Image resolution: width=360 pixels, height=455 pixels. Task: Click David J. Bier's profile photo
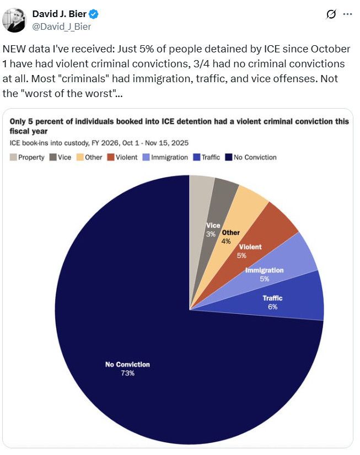(14, 20)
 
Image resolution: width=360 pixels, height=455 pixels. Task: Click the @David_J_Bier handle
(62, 26)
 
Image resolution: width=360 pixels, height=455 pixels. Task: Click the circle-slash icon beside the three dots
(331, 15)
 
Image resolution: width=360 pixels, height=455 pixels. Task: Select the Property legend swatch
(13, 157)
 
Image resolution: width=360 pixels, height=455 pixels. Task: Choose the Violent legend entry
(122, 157)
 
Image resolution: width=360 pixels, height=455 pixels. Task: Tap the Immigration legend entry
(165, 157)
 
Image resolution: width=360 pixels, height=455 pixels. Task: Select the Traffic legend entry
(206, 157)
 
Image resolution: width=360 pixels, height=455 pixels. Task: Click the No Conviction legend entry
(251, 157)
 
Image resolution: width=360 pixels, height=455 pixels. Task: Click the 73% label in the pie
(127, 373)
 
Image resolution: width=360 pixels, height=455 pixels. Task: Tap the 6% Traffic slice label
(272, 307)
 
